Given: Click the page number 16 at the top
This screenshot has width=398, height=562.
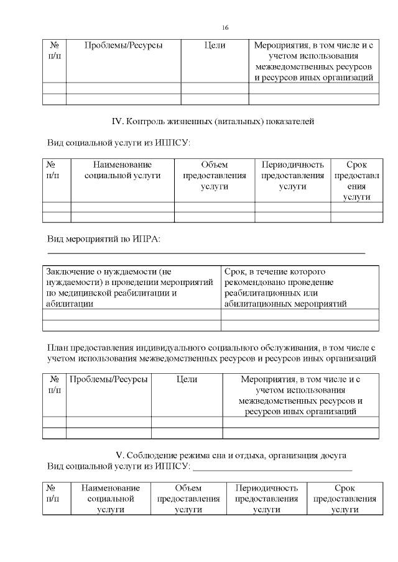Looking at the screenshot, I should coord(226,27).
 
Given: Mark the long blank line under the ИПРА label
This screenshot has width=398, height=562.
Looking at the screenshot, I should coord(206,253).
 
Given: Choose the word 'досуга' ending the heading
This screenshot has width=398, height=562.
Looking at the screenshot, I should coord(333,456).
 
